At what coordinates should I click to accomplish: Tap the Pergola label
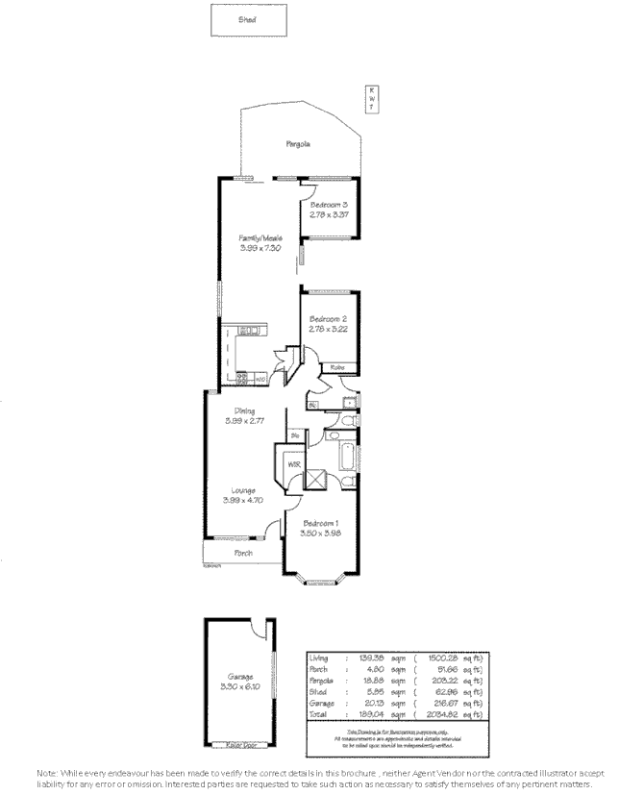(x=297, y=144)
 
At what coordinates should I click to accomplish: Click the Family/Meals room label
(x=260, y=237)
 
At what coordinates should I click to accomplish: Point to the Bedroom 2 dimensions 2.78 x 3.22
(x=327, y=330)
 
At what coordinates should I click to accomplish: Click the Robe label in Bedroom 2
(x=337, y=368)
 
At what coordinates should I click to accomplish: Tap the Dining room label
(x=244, y=410)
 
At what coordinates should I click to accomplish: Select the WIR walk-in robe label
(x=293, y=465)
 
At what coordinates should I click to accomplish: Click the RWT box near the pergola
(x=371, y=98)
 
